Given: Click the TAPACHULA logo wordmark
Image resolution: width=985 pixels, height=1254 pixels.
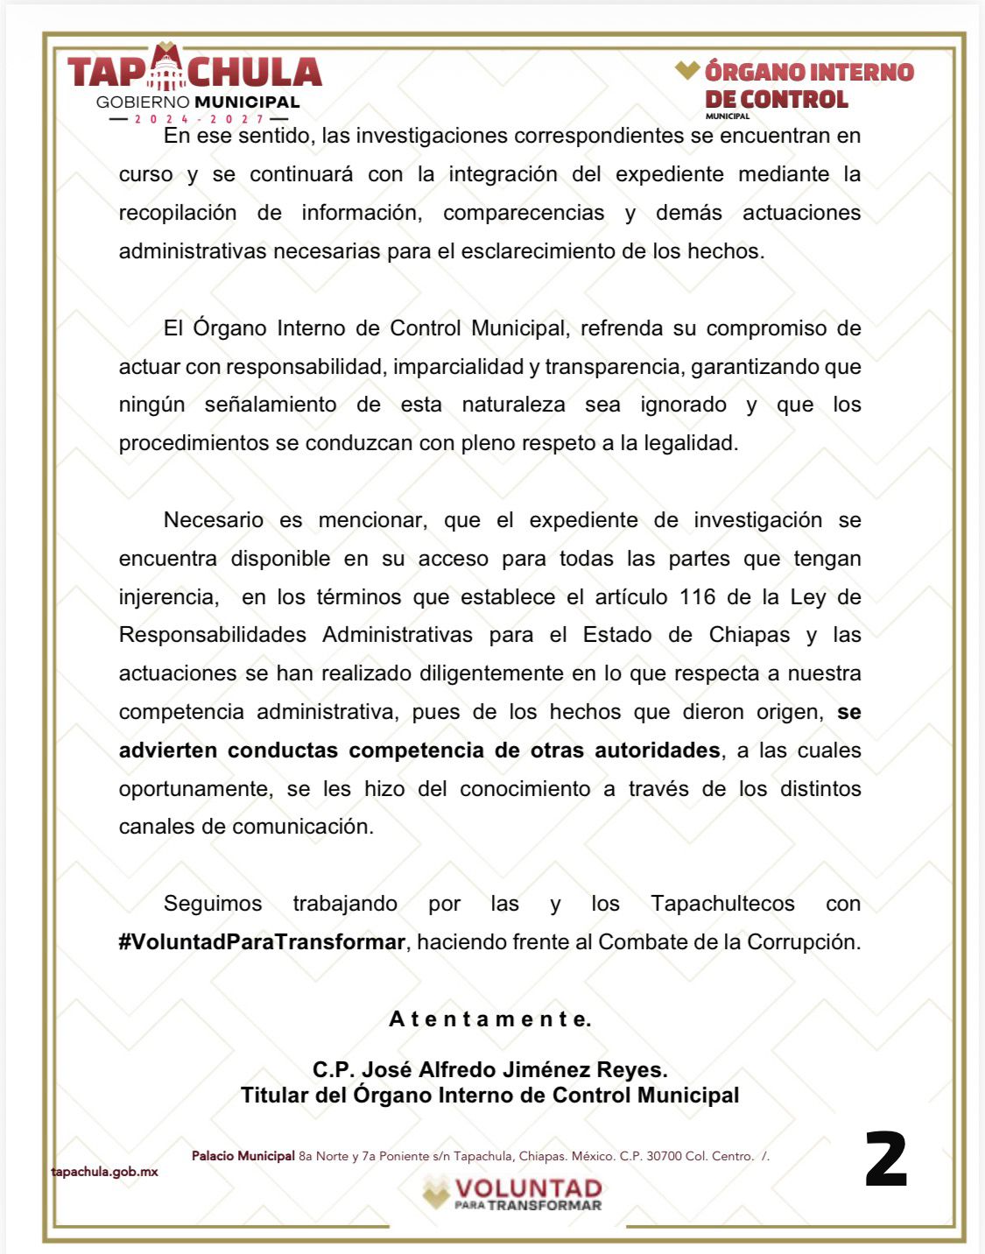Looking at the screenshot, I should pyautogui.click(x=194, y=72).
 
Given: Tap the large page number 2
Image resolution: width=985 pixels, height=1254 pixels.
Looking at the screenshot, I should pyautogui.click(x=886, y=1159).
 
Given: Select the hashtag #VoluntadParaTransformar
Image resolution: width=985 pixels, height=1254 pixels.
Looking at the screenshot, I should pyautogui.click(x=262, y=942).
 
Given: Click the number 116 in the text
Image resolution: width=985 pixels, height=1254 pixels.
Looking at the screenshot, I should pyautogui.click(x=697, y=597).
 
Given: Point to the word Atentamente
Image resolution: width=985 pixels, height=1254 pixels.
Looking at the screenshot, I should pyautogui.click(x=490, y=1019).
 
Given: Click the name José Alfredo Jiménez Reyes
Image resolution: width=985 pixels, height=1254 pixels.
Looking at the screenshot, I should pyautogui.click(x=514, y=1069).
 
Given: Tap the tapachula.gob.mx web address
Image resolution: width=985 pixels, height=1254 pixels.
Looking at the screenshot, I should pyautogui.click(x=105, y=1172).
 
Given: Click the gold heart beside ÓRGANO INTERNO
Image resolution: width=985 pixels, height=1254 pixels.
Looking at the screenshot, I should pyautogui.click(x=687, y=70).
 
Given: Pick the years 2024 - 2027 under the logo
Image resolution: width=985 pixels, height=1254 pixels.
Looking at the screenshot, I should pyautogui.click(x=200, y=119).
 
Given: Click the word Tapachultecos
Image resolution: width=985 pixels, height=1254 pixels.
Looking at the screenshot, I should pyautogui.click(x=722, y=904).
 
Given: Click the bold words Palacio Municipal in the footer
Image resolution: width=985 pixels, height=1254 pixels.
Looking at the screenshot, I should pyautogui.click(x=243, y=1156).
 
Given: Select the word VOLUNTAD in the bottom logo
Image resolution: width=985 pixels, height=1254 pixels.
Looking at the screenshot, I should pyautogui.click(x=528, y=1188).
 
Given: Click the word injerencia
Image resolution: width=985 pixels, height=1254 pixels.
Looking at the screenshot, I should pyautogui.click(x=169, y=597).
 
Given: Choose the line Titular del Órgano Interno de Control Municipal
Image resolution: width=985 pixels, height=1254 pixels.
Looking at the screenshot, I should pyautogui.click(x=490, y=1095).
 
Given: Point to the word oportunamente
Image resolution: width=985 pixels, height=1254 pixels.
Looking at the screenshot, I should pyautogui.click(x=191, y=789).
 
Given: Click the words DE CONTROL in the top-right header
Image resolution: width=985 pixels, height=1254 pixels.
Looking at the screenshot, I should pyautogui.click(x=777, y=99).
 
